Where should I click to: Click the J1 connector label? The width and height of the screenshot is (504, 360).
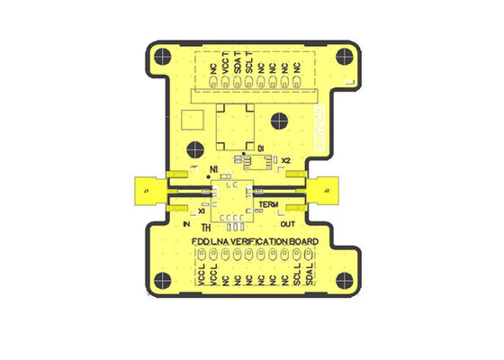(145, 191)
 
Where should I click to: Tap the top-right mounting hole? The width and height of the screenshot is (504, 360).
(344, 55)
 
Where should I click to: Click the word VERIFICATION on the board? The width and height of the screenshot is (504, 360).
(256, 243)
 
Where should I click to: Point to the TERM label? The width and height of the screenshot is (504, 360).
(269, 205)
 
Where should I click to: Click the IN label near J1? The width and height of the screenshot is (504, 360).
(186, 223)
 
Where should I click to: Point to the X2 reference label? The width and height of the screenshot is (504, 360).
(285, 160)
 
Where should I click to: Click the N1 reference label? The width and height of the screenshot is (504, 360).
(213, 169)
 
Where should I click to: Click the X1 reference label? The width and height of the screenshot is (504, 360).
(202, 211)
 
